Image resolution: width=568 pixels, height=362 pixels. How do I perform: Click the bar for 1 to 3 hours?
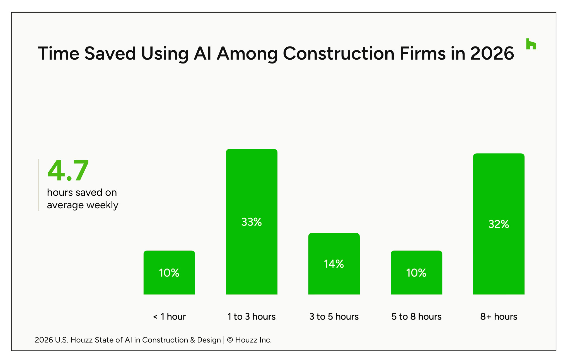[x=252, y=222]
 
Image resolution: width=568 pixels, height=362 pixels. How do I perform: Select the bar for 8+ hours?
[x=499, y=224]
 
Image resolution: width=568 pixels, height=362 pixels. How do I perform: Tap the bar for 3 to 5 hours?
[x=334, y=264]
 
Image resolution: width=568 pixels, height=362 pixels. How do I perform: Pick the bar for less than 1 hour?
[x=169, y=272]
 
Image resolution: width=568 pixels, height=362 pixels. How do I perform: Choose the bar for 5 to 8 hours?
[x=416, y=272]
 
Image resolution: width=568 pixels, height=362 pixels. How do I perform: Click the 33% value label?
[x=252, y=222]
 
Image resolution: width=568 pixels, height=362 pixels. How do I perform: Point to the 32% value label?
[x=499, y=224]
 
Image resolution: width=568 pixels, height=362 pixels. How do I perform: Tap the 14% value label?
[x=334, y=264]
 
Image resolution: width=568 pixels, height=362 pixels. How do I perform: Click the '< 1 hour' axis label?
[x=169, y=317]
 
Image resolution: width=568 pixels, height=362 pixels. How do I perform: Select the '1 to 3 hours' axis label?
[x=252, y=317]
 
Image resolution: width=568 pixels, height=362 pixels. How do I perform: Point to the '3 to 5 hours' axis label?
[x=334, y=317]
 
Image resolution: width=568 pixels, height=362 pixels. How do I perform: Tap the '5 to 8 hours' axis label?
[x=416, y=317]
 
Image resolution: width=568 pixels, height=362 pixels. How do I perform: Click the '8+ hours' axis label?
[x=499, y=317]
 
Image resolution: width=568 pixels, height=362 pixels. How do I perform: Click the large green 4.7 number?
[x=68, y=170]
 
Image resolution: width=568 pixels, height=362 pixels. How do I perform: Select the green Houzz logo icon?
[x=531, y=44]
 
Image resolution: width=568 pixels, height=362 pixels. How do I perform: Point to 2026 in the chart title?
[x=492, y=53]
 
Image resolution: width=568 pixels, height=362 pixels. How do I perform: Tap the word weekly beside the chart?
[x=102, y=205]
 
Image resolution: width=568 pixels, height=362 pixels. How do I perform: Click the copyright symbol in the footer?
[x=230, y=340]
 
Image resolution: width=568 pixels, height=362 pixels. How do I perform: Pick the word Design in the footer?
[x=209, y=340]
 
